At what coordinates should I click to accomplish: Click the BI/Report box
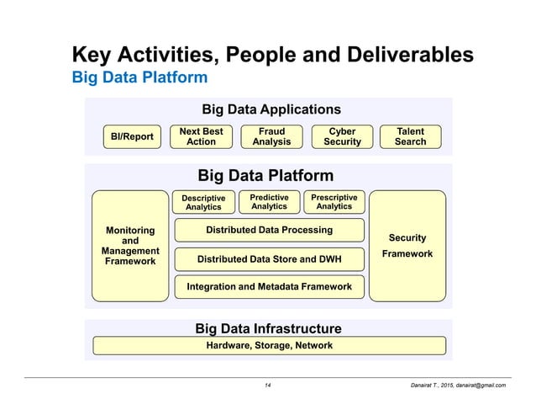(132, 136)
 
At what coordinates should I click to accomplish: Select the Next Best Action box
(201, 136)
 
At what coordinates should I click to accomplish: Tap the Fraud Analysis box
(271, 136)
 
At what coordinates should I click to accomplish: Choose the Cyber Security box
(342, 136)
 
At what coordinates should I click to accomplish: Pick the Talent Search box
(410, 136)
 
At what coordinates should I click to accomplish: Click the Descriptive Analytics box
(203, 202)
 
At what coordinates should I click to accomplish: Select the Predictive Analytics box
(269, 202)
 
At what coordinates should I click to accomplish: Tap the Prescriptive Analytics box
(334, 202)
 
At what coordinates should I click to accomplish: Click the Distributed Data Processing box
(269, 230)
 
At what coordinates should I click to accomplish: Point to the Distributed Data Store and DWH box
(269, 259)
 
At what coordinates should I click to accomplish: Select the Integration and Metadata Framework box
(269, 287)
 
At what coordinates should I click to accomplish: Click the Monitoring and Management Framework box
(130, 246)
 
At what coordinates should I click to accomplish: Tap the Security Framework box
(407, 246)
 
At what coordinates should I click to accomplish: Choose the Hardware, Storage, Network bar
(269, 345)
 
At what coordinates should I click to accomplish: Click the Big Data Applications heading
(271, 109)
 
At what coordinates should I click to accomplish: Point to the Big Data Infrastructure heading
(268, 327)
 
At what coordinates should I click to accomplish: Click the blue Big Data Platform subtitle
(139, 78)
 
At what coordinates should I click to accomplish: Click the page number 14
(268, 385)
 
